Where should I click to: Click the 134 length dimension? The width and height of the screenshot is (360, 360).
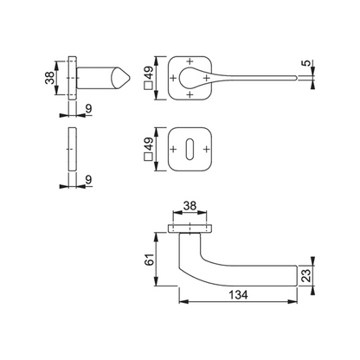[x=238, y=295]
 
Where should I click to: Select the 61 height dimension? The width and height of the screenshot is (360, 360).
[x=150, y=260]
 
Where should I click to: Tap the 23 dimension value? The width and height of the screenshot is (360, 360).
[x=307, y=275]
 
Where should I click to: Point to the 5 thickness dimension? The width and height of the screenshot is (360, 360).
[x=307, y=62]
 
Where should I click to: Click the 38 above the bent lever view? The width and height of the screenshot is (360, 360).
[x=190, y=206]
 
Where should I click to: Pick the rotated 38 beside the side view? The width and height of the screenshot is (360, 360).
[x=50, y=77]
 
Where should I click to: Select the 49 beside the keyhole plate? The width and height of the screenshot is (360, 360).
[x=149, y=144]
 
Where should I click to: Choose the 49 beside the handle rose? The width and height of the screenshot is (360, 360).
[x=149, y=73]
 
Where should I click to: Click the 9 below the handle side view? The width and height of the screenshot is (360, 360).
[x=89, y=108]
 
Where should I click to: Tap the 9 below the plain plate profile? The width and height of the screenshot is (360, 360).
[x=89, y=180]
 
